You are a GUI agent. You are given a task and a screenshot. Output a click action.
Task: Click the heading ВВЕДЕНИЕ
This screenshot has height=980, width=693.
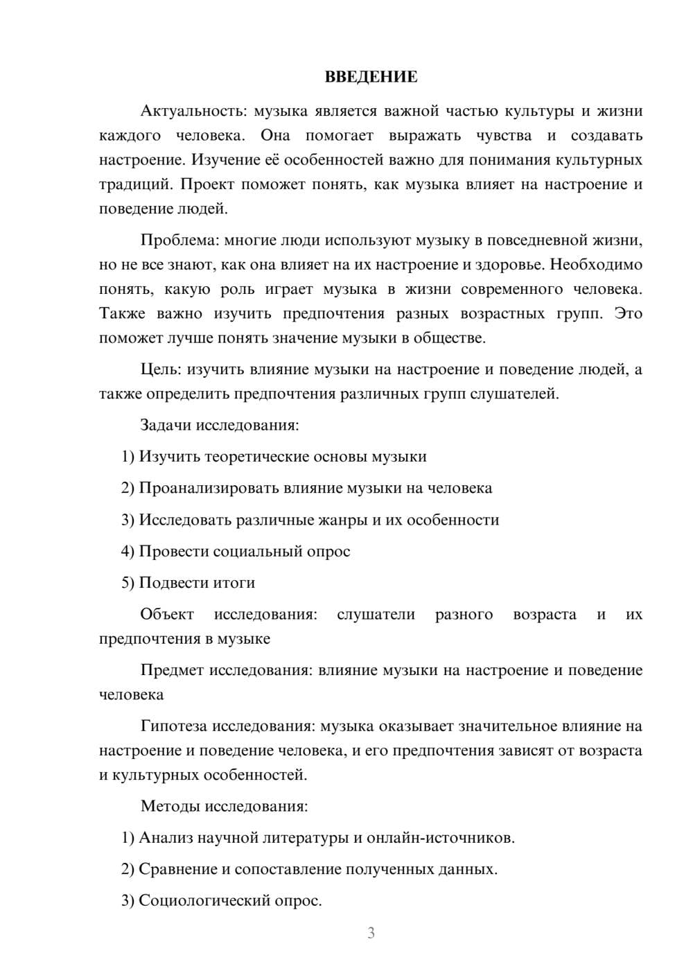coord(371,77)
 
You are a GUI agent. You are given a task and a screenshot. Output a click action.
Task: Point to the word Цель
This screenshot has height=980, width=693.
coord(161,369)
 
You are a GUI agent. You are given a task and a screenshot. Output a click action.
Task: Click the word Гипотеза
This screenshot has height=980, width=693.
coord(174,726)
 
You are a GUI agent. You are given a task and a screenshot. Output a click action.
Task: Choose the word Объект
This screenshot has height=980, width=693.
coord(167,615)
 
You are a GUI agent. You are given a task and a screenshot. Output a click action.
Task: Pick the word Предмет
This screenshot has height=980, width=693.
coord(172,670)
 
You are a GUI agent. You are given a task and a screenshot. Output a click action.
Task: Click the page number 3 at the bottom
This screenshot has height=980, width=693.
coord(371,933)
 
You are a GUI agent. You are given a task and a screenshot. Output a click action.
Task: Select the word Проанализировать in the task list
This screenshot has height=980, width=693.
coord(209,488)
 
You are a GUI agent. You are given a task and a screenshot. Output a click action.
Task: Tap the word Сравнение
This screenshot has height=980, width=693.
coord(178,869)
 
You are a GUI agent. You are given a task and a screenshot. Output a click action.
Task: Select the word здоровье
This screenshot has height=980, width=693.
coord(507,265)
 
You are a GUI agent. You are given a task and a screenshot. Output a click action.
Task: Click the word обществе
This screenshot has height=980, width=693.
coord(450,338)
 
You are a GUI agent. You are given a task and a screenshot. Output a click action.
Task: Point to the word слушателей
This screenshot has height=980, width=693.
coord(514,394)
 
